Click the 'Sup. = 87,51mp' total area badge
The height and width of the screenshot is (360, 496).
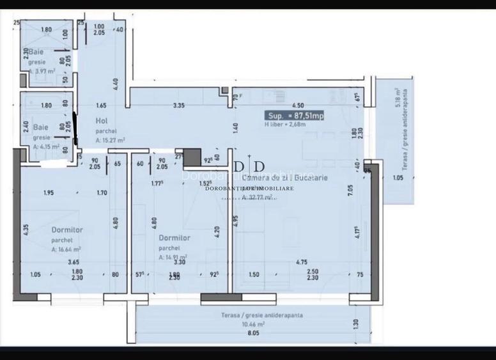click(x=296, y=116)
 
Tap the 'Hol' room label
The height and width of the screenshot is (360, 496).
click(x=101, y=120)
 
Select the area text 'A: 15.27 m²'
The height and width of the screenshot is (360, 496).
click(x=110, y=139)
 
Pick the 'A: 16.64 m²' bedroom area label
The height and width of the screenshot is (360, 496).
click(x=66, y=249)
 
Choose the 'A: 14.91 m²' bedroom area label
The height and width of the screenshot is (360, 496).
click(x=173, y=257)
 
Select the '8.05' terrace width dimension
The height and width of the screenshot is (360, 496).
click(x=254, y=333)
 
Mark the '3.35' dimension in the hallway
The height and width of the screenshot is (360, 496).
click(x=180, y=105)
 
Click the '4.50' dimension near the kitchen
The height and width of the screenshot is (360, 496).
click(x=297, y=105)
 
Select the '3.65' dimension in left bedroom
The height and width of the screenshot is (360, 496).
click(x=74, y=262)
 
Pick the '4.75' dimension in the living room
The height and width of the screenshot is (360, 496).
click(x=302, y=262)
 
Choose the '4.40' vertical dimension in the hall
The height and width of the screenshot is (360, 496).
click(x=115, y=84)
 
